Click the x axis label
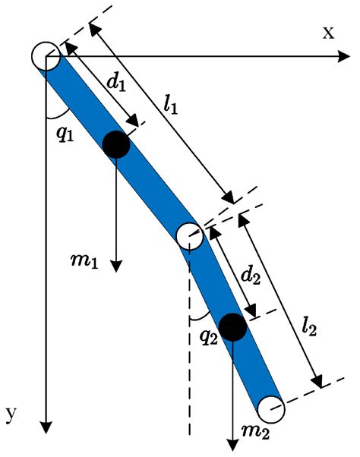pos(328,32)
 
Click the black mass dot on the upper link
pos(115,144)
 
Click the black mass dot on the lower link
pos(232,326)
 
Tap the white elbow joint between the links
pos(188,236)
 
